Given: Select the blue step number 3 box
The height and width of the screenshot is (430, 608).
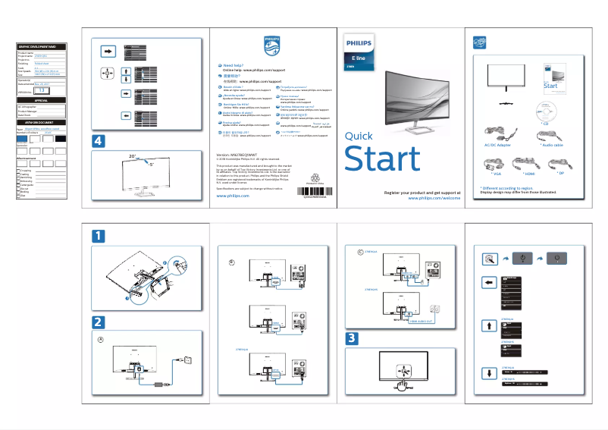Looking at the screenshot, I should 353,337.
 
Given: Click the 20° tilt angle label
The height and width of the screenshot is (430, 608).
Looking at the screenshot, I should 133,156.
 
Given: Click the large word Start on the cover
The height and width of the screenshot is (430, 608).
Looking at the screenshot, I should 382,159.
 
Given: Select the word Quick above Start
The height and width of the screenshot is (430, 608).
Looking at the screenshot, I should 359,137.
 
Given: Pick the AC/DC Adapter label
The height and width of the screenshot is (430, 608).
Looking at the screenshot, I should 497,144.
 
